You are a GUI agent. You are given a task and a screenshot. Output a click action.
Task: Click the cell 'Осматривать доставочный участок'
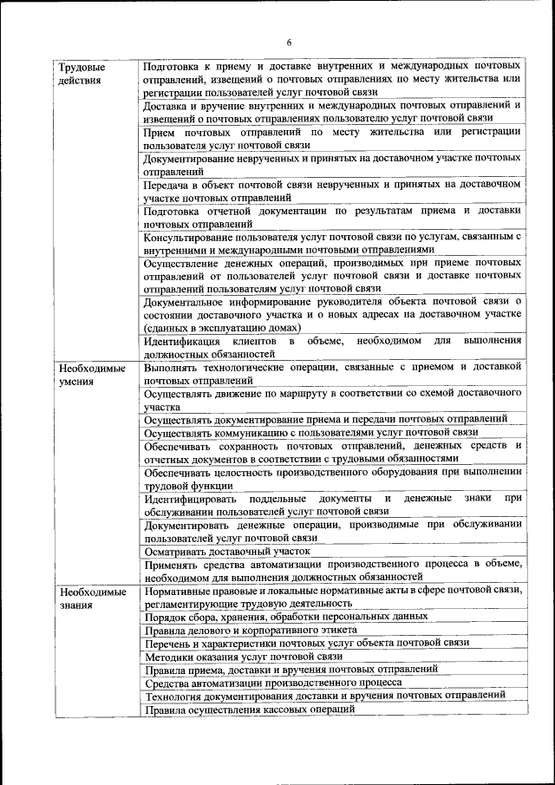(x=226, y=551)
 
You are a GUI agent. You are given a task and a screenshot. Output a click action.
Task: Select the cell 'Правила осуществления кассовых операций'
(x=250, y=710)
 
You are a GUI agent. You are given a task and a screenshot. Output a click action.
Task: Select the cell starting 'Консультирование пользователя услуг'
(x=333, y=243)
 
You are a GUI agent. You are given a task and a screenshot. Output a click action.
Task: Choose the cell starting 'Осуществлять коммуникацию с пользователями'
(x=311, y=431)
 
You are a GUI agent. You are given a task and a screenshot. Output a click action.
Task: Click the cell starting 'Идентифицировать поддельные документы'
(x=333, y=505)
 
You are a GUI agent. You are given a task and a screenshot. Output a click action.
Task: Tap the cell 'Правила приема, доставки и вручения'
(x=291, y=670)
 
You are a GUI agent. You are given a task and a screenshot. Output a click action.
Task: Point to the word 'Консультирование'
(x=190, y=237)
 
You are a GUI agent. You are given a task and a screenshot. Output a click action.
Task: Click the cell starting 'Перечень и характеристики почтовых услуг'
(x=307, y=643)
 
